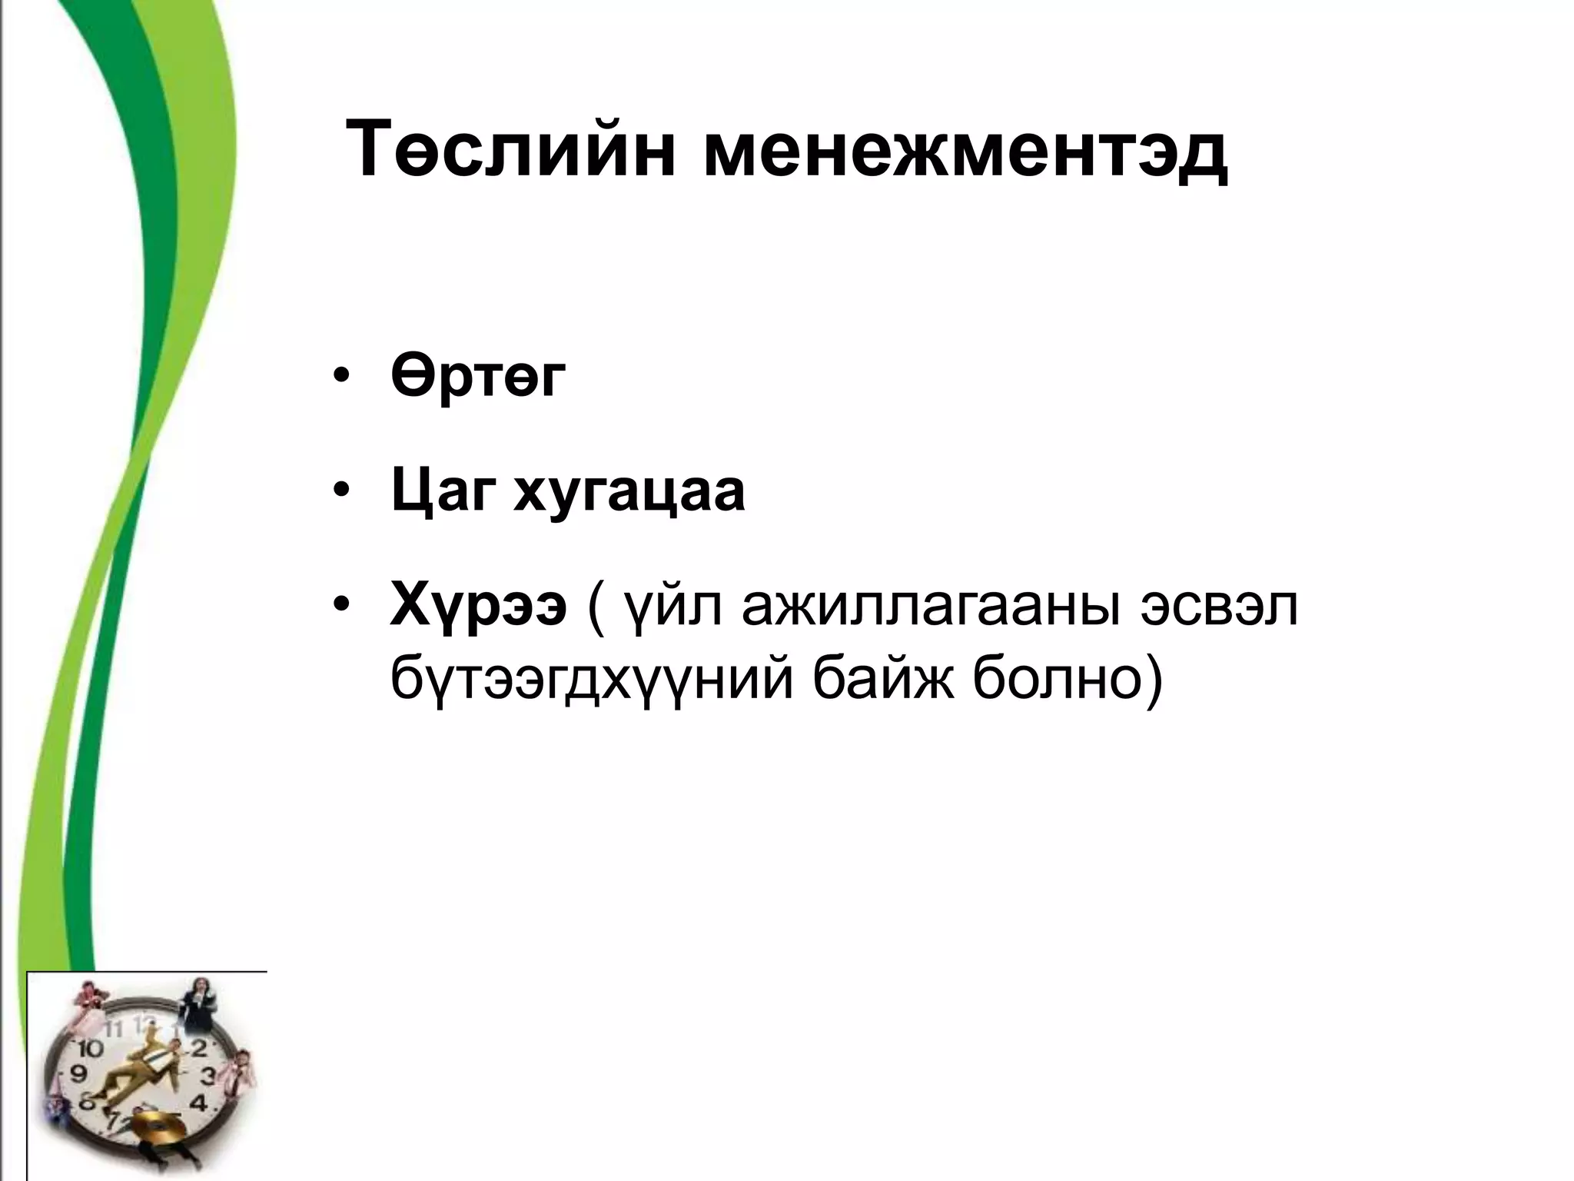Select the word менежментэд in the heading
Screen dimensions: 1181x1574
[x=965, y=148]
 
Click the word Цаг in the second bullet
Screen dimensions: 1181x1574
[x=440, y=492]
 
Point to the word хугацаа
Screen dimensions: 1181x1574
[x=629, y=492]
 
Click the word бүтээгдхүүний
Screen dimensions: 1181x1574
[x=590, y=678]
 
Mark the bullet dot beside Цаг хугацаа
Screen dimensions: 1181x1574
[x=341, y=492]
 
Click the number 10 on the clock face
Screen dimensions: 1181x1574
[x=90, y=1048]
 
